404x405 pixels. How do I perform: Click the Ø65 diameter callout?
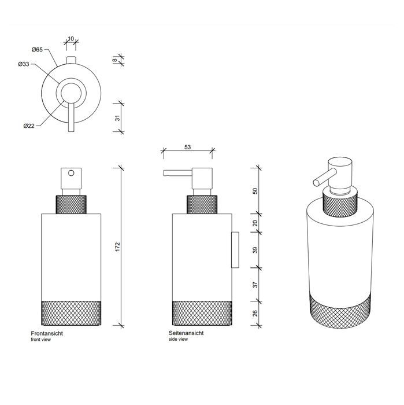click(x=37, y=50)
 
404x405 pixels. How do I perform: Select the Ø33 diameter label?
click(x=24, y=64)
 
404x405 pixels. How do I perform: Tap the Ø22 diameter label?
click(x=29, y=126)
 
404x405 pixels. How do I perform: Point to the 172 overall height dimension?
click(x=118, y=247)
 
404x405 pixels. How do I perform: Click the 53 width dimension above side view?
click(x=188, y=147)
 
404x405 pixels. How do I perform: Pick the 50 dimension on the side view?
click(x=255, y=191)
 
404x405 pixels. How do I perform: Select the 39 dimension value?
click(x=255, y=250)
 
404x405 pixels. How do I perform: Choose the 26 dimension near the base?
click(x=255, y=314)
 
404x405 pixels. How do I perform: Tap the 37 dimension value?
click(x=255, y=285)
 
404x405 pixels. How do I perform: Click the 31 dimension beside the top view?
click(x=118, y=118)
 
